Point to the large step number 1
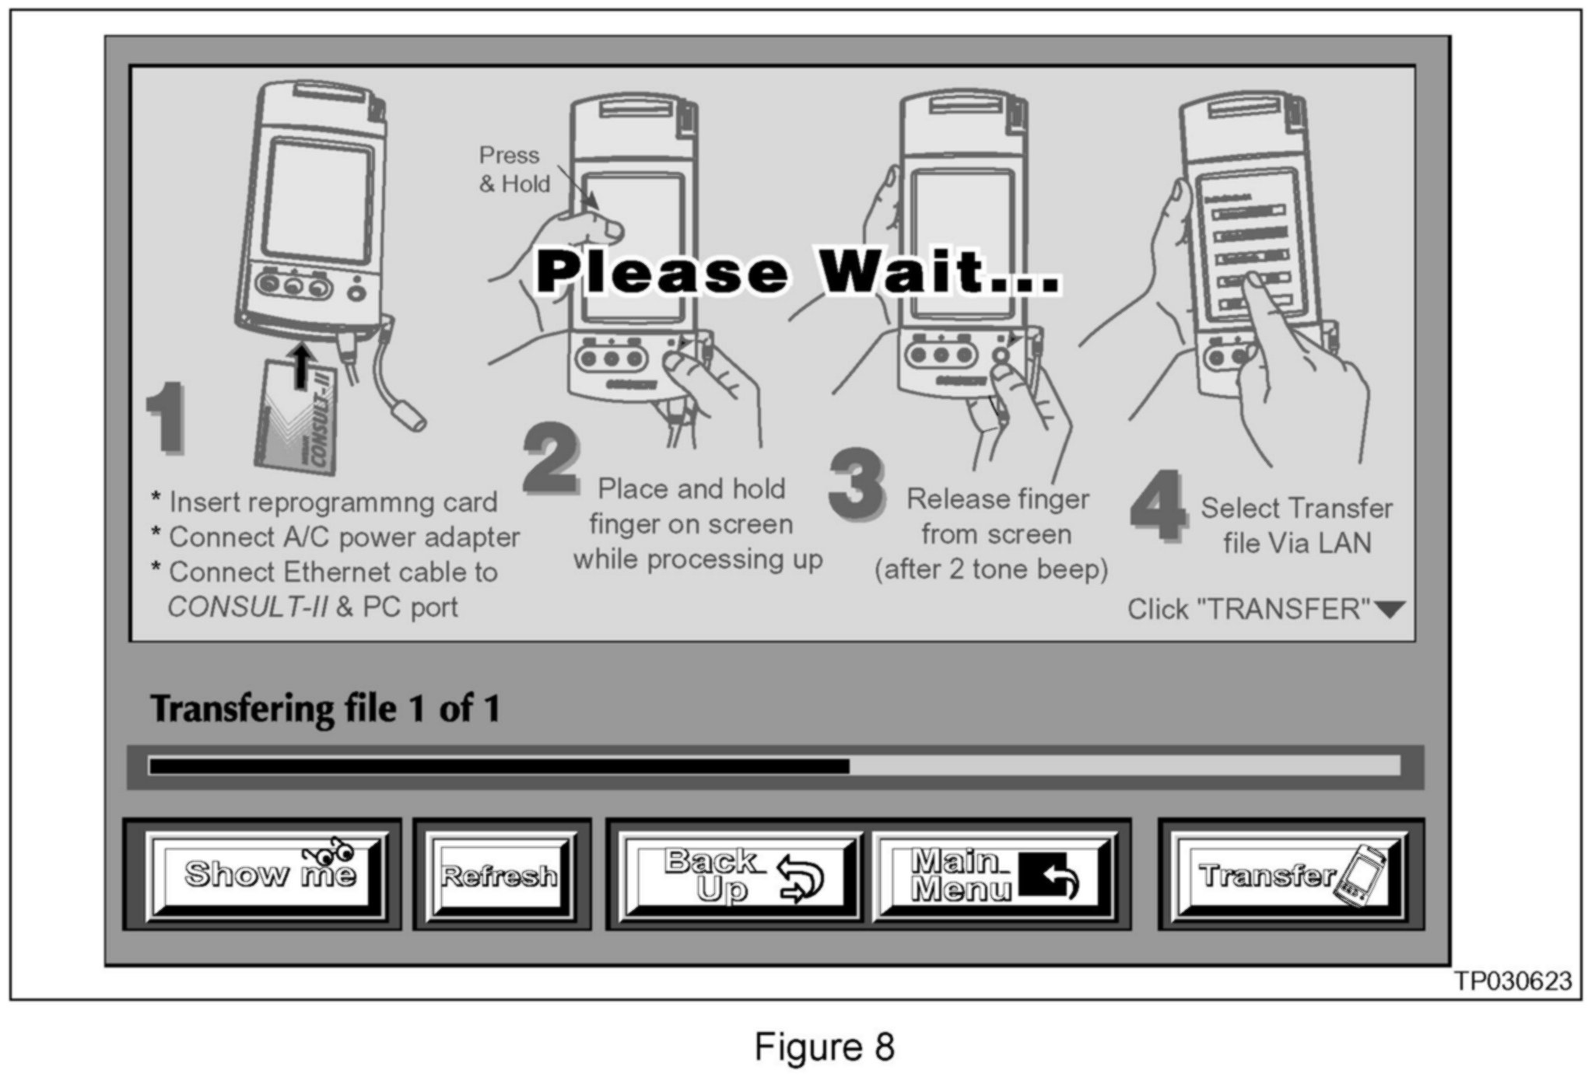click(x=166, y=417)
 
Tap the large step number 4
click(x=1159, y=506)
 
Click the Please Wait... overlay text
click(x=798, y=271)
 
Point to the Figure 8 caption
click(x=824, y=1047)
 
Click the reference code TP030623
click(x=1513, y=981)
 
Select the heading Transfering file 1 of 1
click(x=325, y=708)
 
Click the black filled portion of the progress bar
click(x=499, y=767)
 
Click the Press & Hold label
click(x=514, y=170)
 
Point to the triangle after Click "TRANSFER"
click(x=1390, y=610)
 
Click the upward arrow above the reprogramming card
click(x=302, y=366)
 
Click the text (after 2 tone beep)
click(x=991, y=570)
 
